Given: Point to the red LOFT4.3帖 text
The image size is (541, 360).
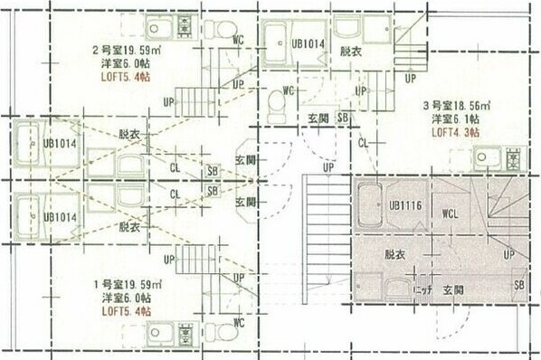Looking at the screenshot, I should click(455, 132).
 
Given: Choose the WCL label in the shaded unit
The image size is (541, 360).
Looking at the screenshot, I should click(452, 215).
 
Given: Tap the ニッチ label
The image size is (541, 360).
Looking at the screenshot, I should click(422, 291).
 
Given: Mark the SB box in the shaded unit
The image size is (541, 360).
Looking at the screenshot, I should click(518, 285).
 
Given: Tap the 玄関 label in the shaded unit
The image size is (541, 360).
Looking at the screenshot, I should click(453, 291).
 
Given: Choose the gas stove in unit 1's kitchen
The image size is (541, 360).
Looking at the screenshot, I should click(186, 334).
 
